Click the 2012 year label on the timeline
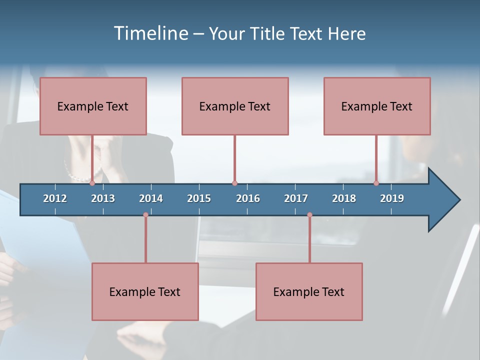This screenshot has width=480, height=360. click(x=55, y=198)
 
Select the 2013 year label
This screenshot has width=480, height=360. click(x=103, y=198)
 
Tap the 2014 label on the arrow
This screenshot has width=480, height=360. click(x=151, y=198)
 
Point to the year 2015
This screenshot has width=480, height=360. click(x=199, y=198)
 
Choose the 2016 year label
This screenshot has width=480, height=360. click(x=248, y=198)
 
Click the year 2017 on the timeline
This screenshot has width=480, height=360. click(x=296, y=198)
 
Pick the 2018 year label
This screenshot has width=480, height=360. click(x=344, y=198)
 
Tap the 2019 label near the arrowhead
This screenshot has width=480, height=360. click(x=392, y=198)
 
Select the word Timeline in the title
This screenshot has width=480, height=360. click(x=150, y=33)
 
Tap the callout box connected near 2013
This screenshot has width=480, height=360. click(x=93, y=106)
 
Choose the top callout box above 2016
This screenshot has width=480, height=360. click(x=235, y=106)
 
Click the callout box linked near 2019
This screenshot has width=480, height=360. click(x=377, y=106)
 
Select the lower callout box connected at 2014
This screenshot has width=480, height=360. click(x=145, y=291)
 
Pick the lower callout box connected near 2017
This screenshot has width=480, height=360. click(x=309, y=291)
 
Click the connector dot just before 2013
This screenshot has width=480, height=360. click(x=92, y=183)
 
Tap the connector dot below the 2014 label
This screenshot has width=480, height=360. click(x=145, y=215)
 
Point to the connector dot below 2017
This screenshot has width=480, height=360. click(x=309, y=215)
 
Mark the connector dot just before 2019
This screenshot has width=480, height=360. click(x=376, y=183)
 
